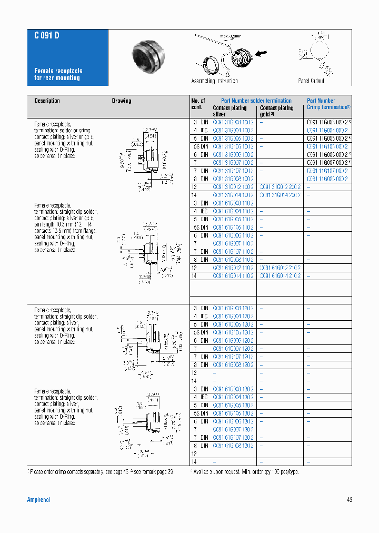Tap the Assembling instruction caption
click(x=214, y=81)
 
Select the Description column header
click(x=47, y=101)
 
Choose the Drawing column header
click(x=122, y=101)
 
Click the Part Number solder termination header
click(x=256, y=101)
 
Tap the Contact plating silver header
click(x=230, y=111)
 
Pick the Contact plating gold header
click(x=276, y=111)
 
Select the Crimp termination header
click(x=328, y=107)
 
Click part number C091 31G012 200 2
click(x=280, y=187)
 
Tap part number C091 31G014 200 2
click(x=280, y=195)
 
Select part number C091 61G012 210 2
click(x=280, y=268)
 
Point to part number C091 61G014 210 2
click(x=280, y=276)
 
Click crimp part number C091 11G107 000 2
click(x=327, y=171)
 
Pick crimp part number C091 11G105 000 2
click(x=327, y=146)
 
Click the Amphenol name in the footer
click(x=38, y=500)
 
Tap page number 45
click(x=350, y=500)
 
